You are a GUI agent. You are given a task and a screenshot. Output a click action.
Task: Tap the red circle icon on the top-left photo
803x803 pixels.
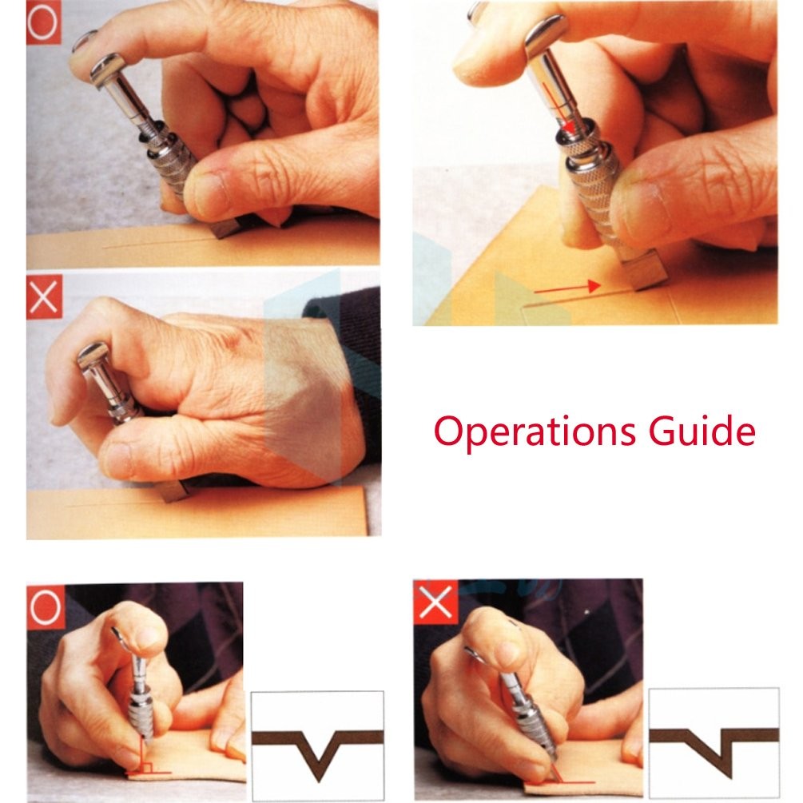(x=43, y=23)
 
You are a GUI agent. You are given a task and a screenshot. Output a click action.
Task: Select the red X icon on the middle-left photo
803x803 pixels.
(x=44, y=296)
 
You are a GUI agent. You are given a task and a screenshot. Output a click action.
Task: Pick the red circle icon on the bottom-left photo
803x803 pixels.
(x=46, y=607)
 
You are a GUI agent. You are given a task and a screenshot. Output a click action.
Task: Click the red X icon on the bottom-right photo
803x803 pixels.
(x=435, y=602)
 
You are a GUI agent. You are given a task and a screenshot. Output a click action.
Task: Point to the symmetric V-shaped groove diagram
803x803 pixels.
(x=317, y=745)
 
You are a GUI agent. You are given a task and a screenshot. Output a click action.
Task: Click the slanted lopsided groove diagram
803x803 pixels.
(x=714, y=742)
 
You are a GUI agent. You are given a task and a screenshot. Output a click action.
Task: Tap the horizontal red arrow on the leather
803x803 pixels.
(x=567, y=288)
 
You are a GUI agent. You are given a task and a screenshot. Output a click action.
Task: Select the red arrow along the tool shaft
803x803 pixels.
(x=559, y=108)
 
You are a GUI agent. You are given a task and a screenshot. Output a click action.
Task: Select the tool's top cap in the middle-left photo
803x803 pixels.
(x=93, y=355)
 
